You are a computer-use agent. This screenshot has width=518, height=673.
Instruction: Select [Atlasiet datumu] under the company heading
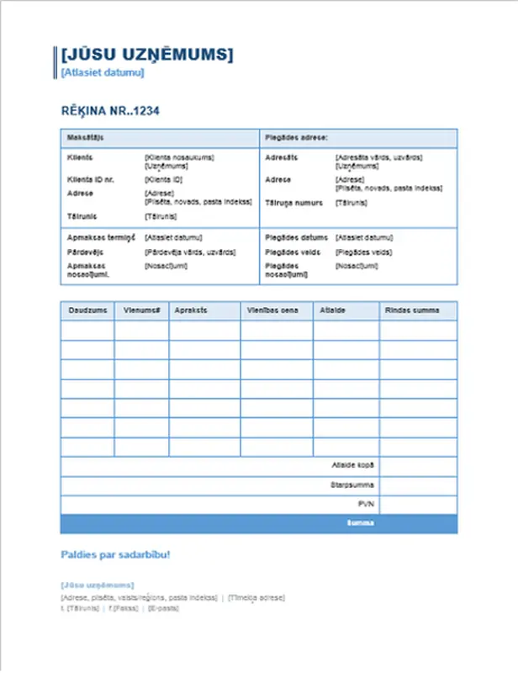pyautogui.click(x=102, y=73)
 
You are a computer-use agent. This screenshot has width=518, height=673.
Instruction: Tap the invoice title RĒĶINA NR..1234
pyautogui.click(x=110, y=110)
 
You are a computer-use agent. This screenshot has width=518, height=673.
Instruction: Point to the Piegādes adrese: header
pyautogui.click(x=296, y=136)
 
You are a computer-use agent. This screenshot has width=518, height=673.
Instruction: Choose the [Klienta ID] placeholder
pyautogui.click(x=163, y=179)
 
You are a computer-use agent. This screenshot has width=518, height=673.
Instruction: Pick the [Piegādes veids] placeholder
pyautogui.click(x=362, y=252)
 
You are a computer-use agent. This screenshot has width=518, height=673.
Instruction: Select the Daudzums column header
pyautogui.click(x=87, y=310)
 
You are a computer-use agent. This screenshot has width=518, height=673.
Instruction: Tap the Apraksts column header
pyautogui.click(x=190, y=310)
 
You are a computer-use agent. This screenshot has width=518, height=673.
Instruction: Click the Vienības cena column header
pyautogui.click(x=272, y=310)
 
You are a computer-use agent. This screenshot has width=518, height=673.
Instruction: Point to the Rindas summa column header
pyautogui.click(x=412, y=310)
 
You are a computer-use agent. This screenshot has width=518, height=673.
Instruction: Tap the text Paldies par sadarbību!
pyautogui.click(x=115, y=555)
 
